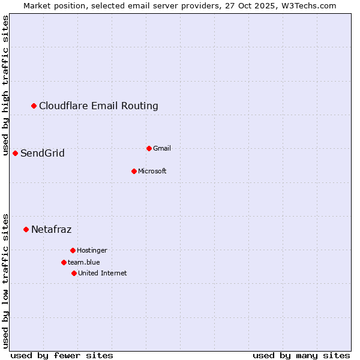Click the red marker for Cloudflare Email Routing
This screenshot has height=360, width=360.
[34, 106]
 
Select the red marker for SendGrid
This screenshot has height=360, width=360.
[15, 154]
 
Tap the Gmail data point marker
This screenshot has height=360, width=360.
[149, 148]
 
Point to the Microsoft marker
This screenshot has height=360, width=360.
[134, 172]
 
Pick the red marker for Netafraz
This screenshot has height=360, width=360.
[26, 229]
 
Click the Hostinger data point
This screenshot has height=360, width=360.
[73, 250]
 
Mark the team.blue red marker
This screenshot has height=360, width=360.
[64, 262]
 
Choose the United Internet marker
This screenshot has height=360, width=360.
[74, 273]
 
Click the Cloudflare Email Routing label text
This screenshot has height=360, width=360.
[98, 106]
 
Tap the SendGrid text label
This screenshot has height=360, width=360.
[43, 154]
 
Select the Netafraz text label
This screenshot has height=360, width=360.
[52, 229]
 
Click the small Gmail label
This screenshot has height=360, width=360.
[162, 148]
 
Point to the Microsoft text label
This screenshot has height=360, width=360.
[152, 172]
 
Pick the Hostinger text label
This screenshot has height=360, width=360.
[92, 250]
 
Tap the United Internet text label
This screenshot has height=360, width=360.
[103, 273]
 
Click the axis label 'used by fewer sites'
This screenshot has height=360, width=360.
[62, 355]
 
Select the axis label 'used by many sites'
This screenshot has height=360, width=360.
[301, 355]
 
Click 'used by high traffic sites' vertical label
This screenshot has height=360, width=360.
[5, 85]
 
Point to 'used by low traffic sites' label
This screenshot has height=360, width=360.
[5, 281]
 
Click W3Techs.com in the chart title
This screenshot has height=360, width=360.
[308, 5]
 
